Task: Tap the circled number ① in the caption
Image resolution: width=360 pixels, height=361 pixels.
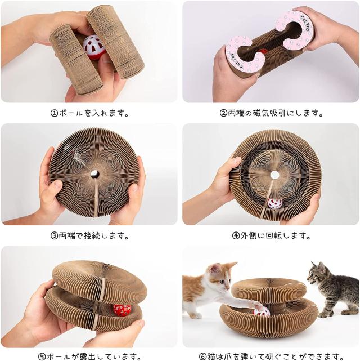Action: (x=54, y=113)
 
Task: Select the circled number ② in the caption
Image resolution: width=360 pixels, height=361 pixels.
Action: (x=223, y=113)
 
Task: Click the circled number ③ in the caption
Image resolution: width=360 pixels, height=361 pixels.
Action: (x=54, y=236)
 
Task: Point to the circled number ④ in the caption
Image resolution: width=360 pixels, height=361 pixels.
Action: (x=236, y=236)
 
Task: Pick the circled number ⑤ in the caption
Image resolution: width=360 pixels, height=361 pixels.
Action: (x=42, y=356)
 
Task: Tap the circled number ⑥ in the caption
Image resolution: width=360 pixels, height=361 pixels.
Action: (x=202, y=356)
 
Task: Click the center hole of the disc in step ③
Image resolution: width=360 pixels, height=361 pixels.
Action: (x=94, y=174)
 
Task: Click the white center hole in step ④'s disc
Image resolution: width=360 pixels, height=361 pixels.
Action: (x=274, y=175)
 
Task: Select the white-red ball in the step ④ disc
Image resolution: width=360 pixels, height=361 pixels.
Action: (x=274, y=203)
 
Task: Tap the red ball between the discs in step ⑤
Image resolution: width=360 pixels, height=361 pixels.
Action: (x=122, y=310)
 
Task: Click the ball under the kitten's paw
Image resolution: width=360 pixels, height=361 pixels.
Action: (x=261, y=311)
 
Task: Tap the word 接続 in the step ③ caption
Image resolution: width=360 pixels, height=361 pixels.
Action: (x=92, y=236)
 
